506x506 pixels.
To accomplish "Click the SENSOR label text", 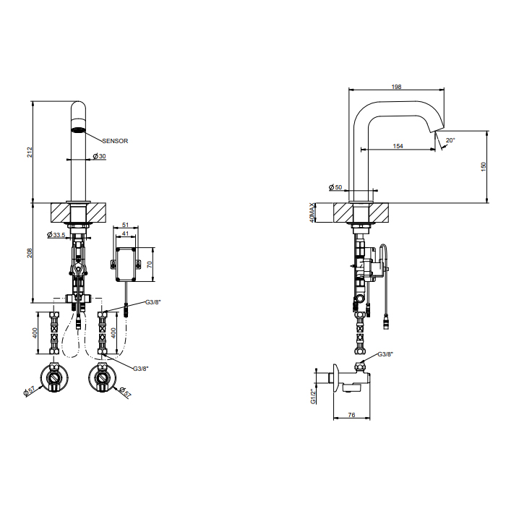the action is tap(115, 141).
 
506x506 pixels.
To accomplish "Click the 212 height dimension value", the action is tap(30, 152).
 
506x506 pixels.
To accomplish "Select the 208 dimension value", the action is tap(30, 253).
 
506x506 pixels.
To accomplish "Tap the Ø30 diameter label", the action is tap(100, 156).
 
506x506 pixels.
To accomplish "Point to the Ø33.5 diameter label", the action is tap(56, 235).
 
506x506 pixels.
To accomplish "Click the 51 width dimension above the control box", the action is tap(126, 225).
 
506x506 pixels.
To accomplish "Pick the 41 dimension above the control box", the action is tap(126, 233).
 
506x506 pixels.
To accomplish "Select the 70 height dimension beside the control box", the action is tap(150, 265).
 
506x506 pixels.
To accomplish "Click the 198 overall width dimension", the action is tap(396, 87).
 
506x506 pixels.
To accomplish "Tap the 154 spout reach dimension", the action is tap(398, 146).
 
